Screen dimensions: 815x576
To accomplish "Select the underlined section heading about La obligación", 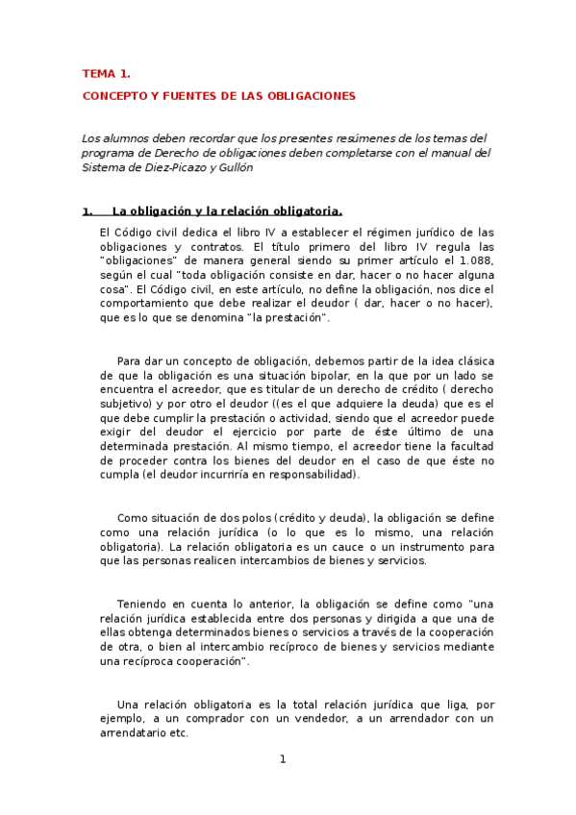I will [x=227, y=211].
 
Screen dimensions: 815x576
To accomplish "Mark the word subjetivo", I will [x=127, y=404].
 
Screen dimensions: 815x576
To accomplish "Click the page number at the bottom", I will [x=283, y=760].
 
